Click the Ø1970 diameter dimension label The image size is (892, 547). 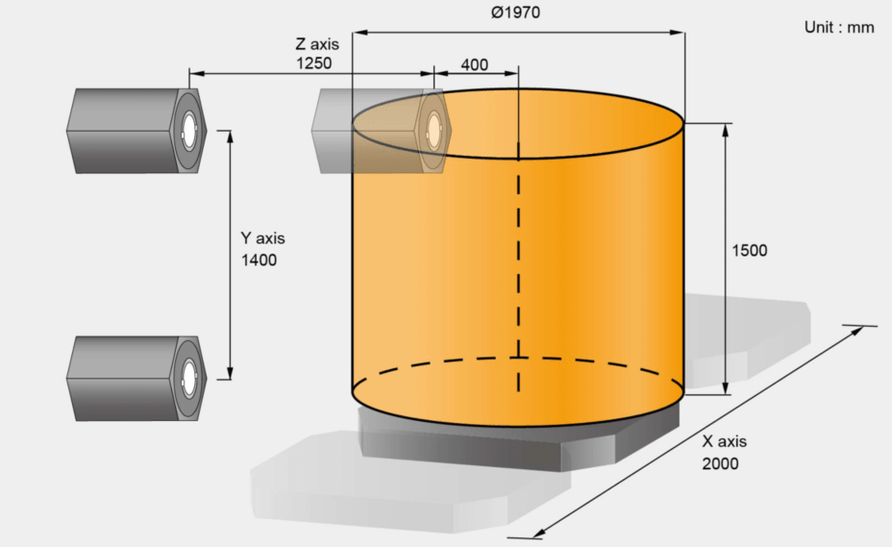(515, 12)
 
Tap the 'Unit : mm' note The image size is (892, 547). (839, 27)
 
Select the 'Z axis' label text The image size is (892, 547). (317, 44)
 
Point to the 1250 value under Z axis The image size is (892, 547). (313, 62)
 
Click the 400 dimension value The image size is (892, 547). (475, 64)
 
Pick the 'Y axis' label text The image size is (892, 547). (262, 237)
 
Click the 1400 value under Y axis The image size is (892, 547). (259, 261)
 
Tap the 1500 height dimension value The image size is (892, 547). (749, 251)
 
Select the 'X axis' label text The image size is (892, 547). (724, 441)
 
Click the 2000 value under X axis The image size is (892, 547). (720, 463)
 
